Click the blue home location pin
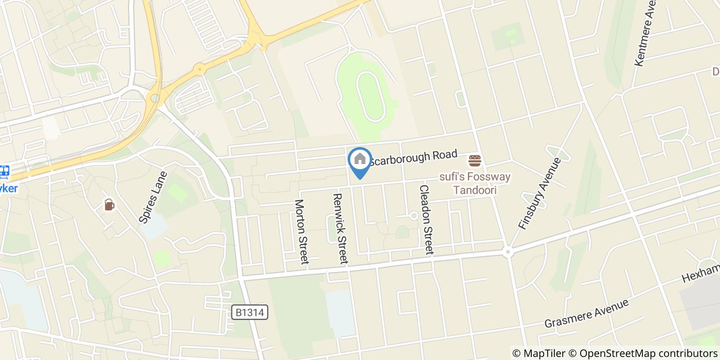359,160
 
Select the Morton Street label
301,231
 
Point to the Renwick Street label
340,228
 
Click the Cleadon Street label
426,220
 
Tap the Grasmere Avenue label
586,313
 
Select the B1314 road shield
249,312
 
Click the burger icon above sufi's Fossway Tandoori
474,160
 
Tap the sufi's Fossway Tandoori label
475,183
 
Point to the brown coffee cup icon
109,205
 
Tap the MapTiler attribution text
538,353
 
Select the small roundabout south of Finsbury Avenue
508,251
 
